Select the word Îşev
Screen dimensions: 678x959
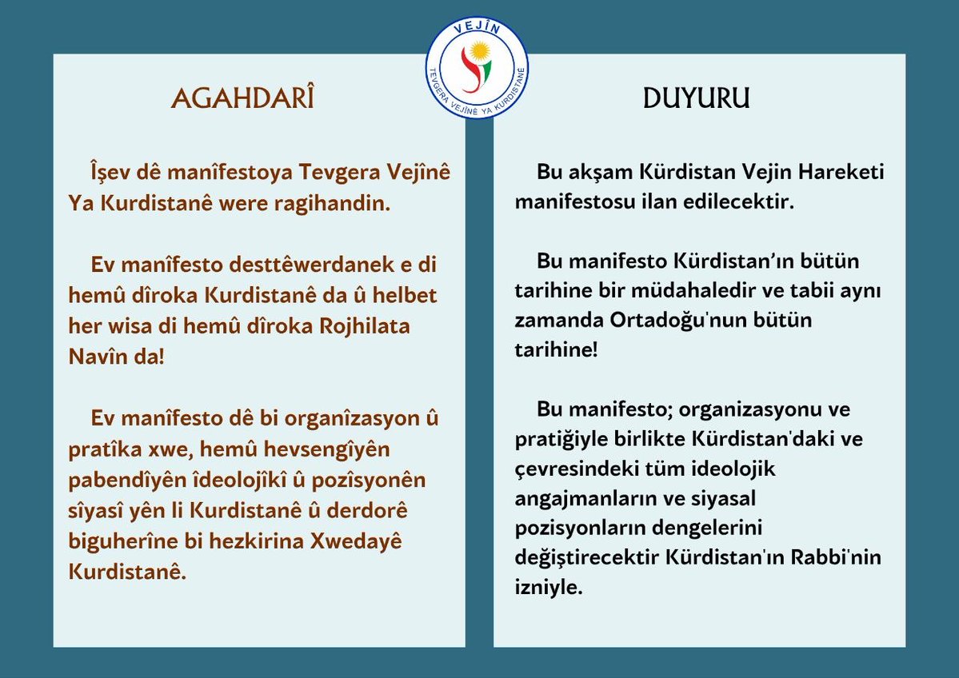[112, 173]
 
